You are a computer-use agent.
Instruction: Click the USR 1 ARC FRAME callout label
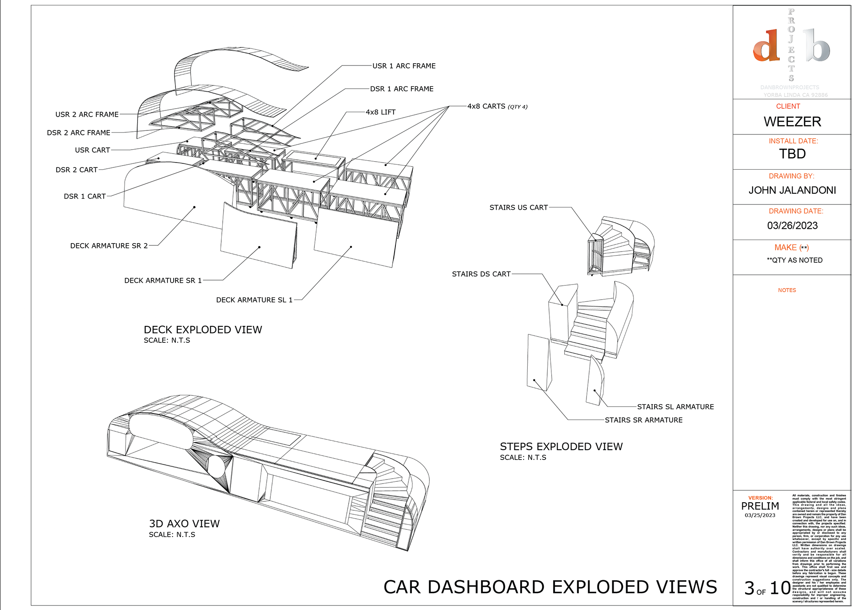coord(404,66)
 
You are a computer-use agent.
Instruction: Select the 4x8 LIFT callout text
coord(380,112)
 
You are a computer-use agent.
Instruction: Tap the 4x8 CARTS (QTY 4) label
coord(497,106)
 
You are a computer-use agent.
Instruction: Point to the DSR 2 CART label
coord(77,170)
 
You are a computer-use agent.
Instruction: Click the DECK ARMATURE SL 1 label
coord(254,300)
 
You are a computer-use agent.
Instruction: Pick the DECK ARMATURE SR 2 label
coord(109,246)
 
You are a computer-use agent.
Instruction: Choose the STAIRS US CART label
coord(518,207)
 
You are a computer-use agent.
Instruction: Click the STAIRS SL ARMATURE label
coord(675,407)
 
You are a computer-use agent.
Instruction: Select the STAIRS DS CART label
coord(481,274)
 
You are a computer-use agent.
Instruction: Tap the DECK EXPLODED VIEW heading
coord(203,330)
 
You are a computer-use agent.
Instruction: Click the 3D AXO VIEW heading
coord(184,524)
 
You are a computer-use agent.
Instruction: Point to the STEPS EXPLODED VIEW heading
coord(561,447)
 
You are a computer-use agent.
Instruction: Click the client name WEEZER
coord(792,122)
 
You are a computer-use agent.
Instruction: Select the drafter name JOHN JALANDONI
coord(792,191)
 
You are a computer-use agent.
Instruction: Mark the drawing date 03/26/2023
coord(792,226)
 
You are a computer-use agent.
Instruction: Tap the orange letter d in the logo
coord(766,46)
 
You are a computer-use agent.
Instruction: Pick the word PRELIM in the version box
coord(760,506)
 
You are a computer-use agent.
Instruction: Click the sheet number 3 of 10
coord(767,589)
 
